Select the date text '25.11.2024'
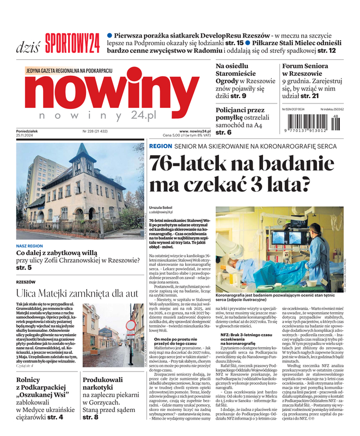click(x=27, y=136)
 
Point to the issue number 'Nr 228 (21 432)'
click(x=95, y=131)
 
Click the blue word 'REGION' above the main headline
click(x=160, y=147)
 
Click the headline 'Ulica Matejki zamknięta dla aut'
click(x=77, y=293)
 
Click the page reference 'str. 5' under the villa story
click(x=24, y=268)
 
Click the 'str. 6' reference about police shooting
click(x=223, y=132)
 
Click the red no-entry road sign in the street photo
click(x=130, y=326)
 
